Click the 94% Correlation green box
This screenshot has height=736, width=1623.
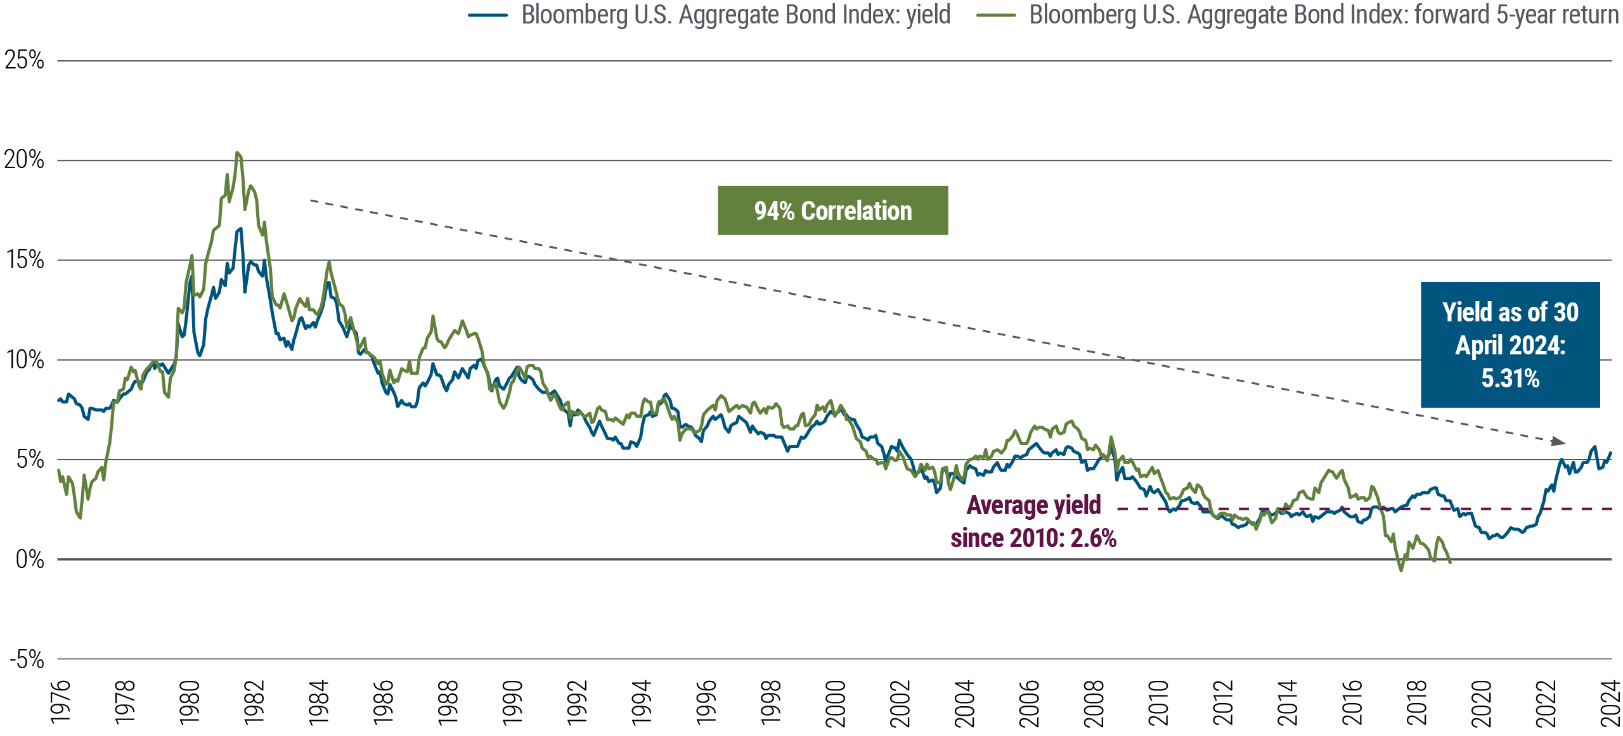coord(832,210)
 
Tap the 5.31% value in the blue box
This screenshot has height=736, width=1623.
coord(1510,378)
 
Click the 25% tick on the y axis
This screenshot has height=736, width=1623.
coord(24,61)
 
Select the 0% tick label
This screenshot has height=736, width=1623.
coord(29,559)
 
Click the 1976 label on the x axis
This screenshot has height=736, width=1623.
coord(60,702)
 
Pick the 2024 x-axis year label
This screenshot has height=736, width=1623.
coord(1610,702)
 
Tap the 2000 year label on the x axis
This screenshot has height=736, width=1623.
coord(836,702)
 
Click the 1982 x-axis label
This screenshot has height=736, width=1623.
coord(254,702)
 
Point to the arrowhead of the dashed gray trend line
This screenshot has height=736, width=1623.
coord(1558,441)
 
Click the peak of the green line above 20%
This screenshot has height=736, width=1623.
coord(238,153)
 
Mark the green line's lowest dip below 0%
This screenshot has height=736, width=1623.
coord(1400,570)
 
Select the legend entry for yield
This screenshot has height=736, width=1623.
coord(735,14)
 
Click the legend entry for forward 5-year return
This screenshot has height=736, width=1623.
coord(1323,14)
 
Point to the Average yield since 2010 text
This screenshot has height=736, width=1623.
coord(1033,521)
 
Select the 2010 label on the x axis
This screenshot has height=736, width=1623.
coord(1159,702)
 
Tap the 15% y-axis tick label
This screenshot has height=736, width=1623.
coord(25,260)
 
